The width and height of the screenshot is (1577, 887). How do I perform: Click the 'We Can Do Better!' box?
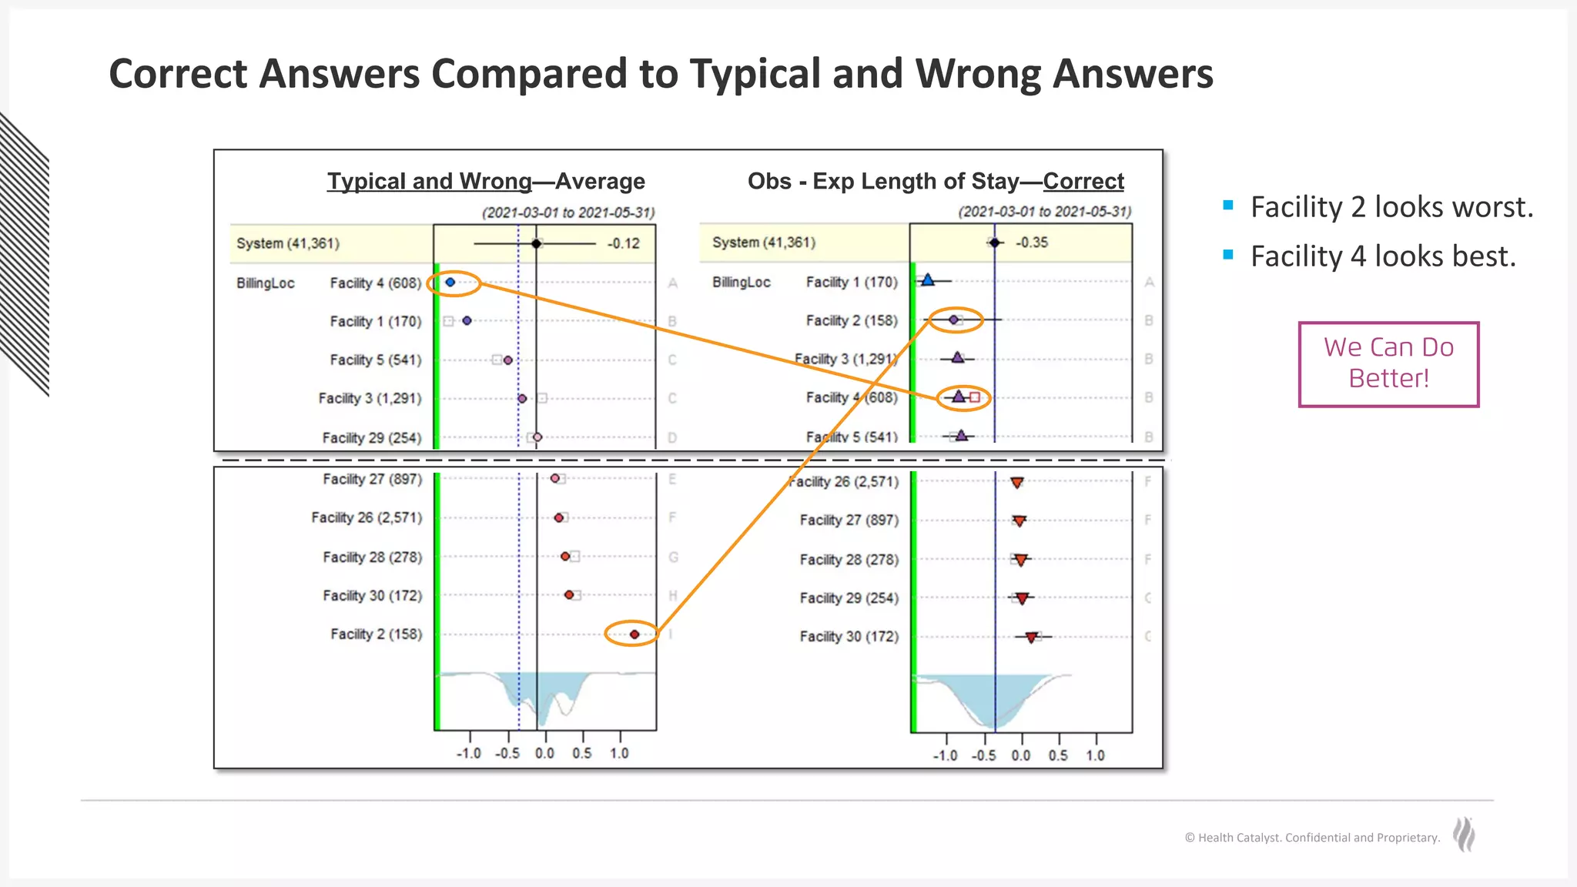(1388, 363)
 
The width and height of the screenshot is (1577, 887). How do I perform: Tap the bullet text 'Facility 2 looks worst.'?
(1391, 207)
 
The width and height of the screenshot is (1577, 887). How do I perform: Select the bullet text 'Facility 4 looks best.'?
(1383, 256)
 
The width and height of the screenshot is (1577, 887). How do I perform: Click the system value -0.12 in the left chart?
(623, 244)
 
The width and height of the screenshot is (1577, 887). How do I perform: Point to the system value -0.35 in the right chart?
(1031, 243)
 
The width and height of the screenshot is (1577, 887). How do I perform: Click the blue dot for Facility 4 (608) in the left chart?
(450, 283)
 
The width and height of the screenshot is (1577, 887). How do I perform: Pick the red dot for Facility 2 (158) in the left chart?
(634, 634)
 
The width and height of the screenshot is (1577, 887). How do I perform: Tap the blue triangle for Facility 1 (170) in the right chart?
(928, 280)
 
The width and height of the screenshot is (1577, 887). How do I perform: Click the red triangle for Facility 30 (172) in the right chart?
(1031, 637)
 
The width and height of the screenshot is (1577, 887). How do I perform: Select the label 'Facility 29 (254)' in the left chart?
(372, 438)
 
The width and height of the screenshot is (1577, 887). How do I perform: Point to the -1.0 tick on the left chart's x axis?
(469, 753)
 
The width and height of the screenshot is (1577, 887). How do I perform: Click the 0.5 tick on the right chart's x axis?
(1058, 755)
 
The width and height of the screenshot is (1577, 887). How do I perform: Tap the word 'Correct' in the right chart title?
(1083, 182)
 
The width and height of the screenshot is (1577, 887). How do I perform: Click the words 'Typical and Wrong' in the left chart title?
(429, 182)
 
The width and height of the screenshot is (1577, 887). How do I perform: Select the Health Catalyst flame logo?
(1464, 835)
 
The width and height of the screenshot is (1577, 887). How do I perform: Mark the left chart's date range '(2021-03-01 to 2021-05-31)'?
(568, 213)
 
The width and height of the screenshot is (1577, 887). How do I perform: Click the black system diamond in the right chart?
(995, 243)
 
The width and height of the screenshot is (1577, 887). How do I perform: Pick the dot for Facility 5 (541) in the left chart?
(507, 360)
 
